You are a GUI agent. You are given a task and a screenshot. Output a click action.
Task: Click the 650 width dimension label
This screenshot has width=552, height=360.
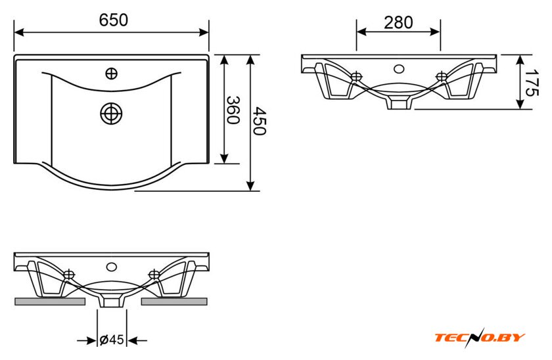(113, 20)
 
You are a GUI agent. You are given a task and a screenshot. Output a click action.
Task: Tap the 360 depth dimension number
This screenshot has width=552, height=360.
(233, 110)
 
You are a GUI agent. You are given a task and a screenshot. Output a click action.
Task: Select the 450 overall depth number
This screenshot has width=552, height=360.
(260, 121)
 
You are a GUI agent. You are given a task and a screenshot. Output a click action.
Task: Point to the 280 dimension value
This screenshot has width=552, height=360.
(398, 23)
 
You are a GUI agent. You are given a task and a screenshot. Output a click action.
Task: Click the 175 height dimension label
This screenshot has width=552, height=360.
(531, 83)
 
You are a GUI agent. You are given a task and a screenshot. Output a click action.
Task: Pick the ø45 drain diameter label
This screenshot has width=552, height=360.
(112, 340)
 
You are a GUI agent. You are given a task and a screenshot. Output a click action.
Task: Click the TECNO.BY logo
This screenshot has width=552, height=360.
(480, 338)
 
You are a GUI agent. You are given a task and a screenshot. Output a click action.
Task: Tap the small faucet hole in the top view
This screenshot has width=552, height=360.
(111, 74)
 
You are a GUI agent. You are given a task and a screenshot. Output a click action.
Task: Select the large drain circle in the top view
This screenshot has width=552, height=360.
(111, 114)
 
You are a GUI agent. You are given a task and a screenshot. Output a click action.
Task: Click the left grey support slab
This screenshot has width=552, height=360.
(50, 302)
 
